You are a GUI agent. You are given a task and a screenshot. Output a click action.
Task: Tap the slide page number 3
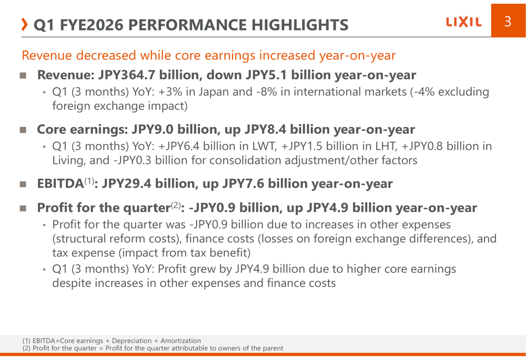(508, 22)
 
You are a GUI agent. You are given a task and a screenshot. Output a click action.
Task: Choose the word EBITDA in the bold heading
(60, 184)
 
